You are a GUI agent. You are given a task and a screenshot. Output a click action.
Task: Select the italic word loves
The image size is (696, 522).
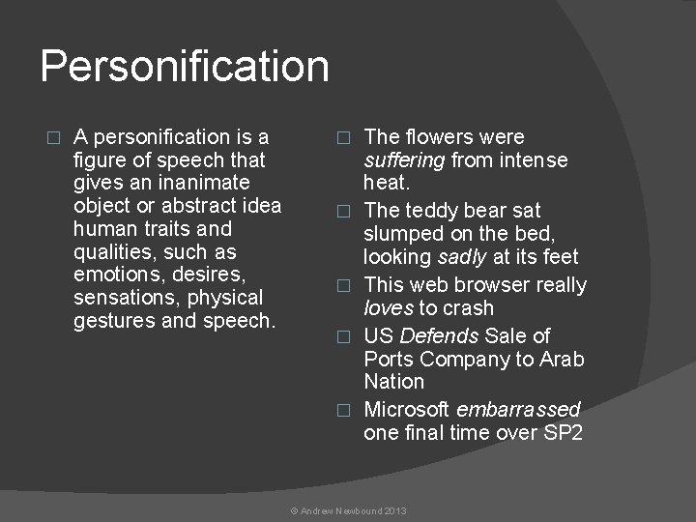[389, 308]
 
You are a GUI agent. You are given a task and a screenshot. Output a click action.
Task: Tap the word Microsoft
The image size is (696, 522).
[407, 409]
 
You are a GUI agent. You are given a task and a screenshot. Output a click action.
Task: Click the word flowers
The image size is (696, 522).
[449, 137]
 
